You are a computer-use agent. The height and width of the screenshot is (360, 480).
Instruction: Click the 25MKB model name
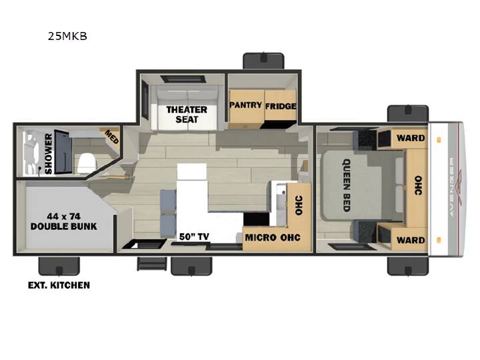[67, 36]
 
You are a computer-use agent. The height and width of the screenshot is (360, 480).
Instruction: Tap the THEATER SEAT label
[187, 115]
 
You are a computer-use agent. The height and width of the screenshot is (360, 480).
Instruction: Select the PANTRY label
[246, 105]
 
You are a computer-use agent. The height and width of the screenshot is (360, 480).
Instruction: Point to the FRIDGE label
[281, 106]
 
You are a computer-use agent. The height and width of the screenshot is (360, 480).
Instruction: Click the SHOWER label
[49, 154]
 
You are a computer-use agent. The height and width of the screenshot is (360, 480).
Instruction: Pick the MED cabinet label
[112, 137]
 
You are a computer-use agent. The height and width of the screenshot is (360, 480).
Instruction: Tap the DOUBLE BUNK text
[64, 226]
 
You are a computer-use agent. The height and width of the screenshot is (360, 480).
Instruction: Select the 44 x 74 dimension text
[64, 217]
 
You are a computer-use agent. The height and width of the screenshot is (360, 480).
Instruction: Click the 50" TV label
[194, 237]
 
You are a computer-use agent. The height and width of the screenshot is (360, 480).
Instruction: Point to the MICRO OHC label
[273, 237]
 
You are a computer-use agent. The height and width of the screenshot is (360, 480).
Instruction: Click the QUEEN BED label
[346, 185]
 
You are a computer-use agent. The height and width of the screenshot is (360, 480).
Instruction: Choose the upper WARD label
[411, 138]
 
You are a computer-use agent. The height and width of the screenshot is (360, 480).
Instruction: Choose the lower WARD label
[411, 240]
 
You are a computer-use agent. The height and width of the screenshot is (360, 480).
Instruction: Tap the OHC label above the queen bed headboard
[418, 185]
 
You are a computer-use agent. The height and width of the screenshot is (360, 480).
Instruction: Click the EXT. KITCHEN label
[59, 285]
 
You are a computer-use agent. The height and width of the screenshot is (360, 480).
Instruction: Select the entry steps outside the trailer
[152, 264]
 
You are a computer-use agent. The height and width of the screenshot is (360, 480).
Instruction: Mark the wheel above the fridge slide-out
[263, 61]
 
